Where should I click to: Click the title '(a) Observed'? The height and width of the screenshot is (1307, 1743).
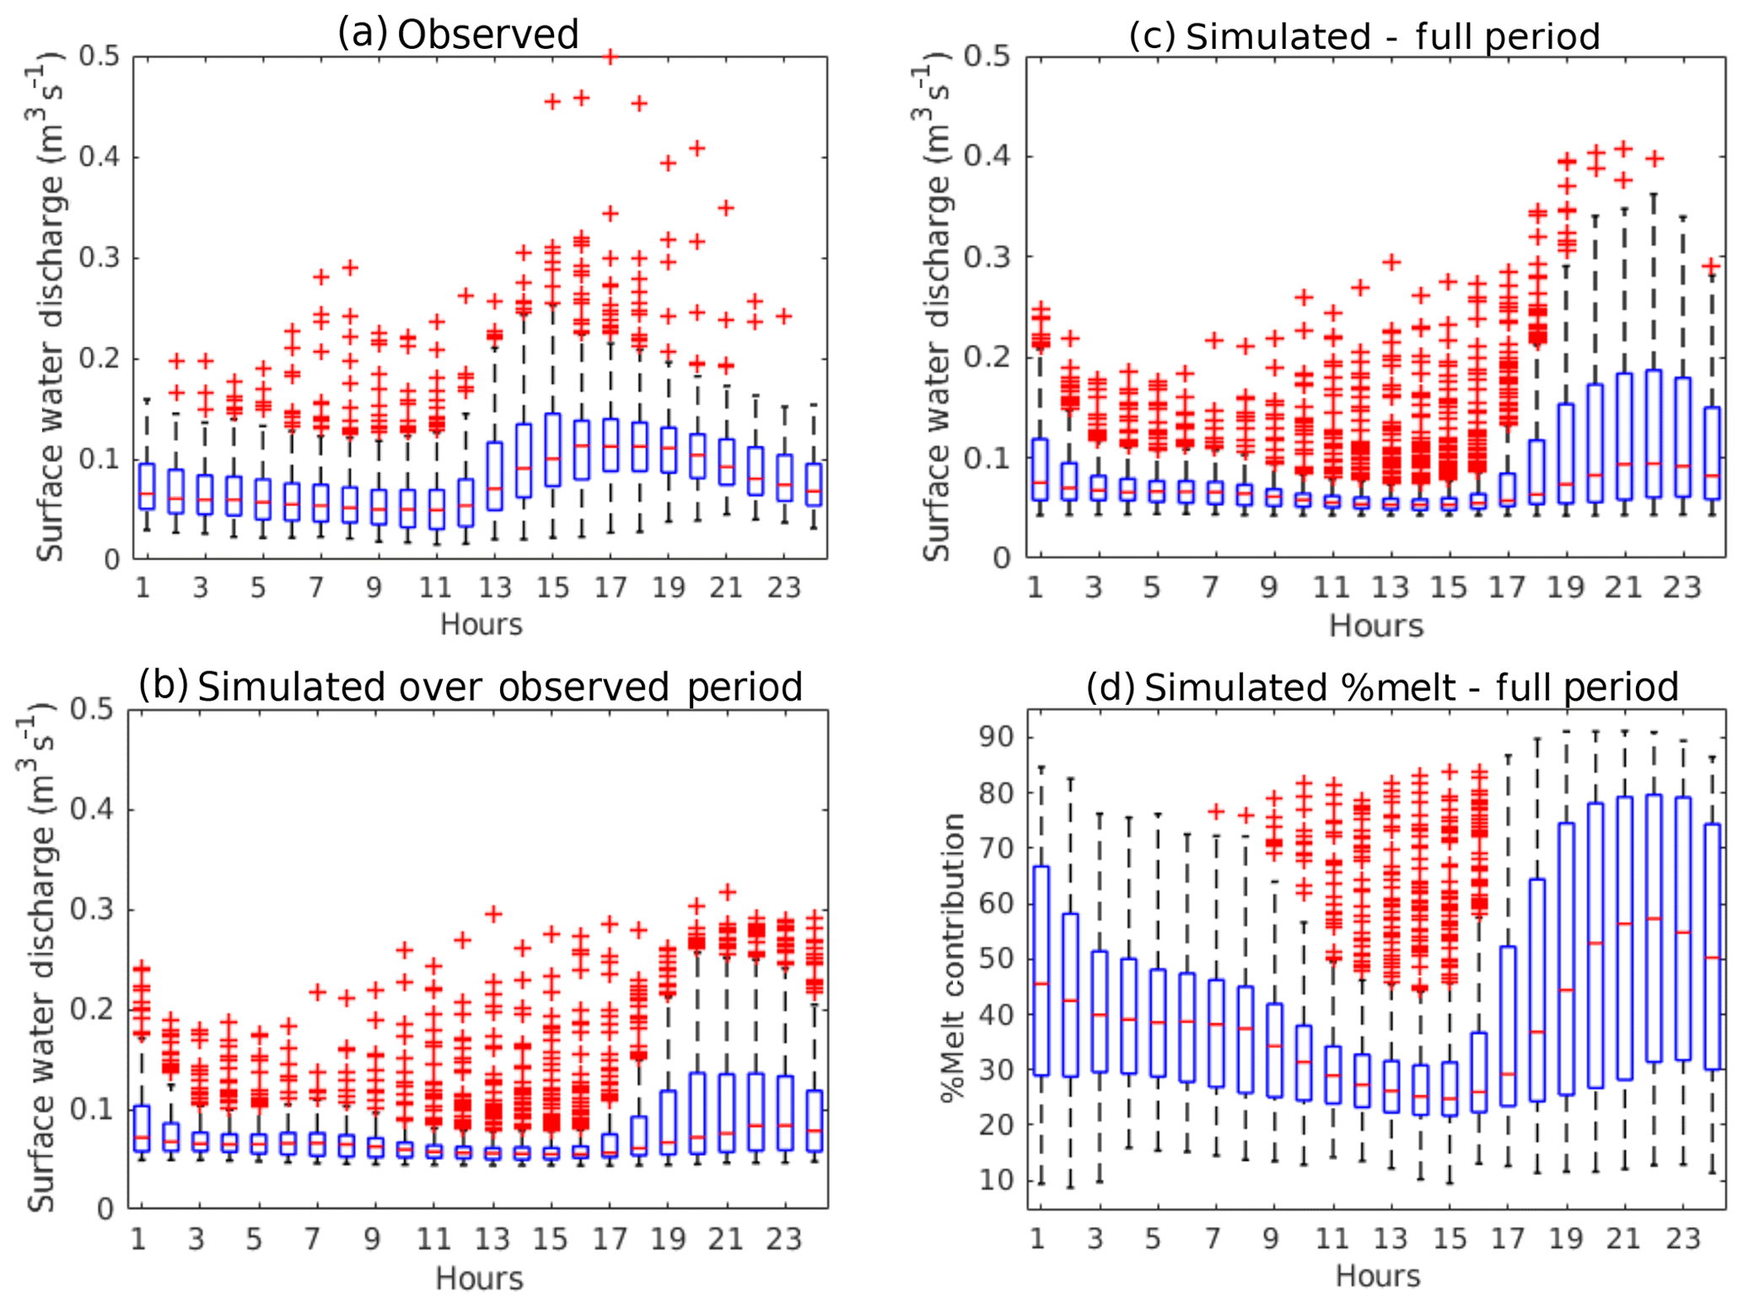point(459,34)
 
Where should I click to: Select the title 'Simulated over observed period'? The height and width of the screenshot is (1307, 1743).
point(499,686)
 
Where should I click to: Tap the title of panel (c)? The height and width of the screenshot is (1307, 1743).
point(1364,36)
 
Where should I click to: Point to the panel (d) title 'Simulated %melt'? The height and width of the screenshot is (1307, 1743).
point(1382,687)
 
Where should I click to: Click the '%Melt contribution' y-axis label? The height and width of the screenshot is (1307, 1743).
point(954,958)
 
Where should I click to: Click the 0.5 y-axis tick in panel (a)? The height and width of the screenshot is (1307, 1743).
point(100,56)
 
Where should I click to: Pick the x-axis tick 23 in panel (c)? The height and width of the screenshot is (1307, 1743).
point(1681,588)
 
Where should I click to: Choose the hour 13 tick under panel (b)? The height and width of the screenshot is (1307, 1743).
point(492,1240)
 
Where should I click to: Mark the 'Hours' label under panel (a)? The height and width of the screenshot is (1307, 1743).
point(481,625)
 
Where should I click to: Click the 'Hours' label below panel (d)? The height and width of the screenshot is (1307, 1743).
point(1378,1276)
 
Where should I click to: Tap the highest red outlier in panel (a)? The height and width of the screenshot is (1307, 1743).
point(611,56)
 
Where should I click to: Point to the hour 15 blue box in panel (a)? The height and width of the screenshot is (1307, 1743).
point(552,449)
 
